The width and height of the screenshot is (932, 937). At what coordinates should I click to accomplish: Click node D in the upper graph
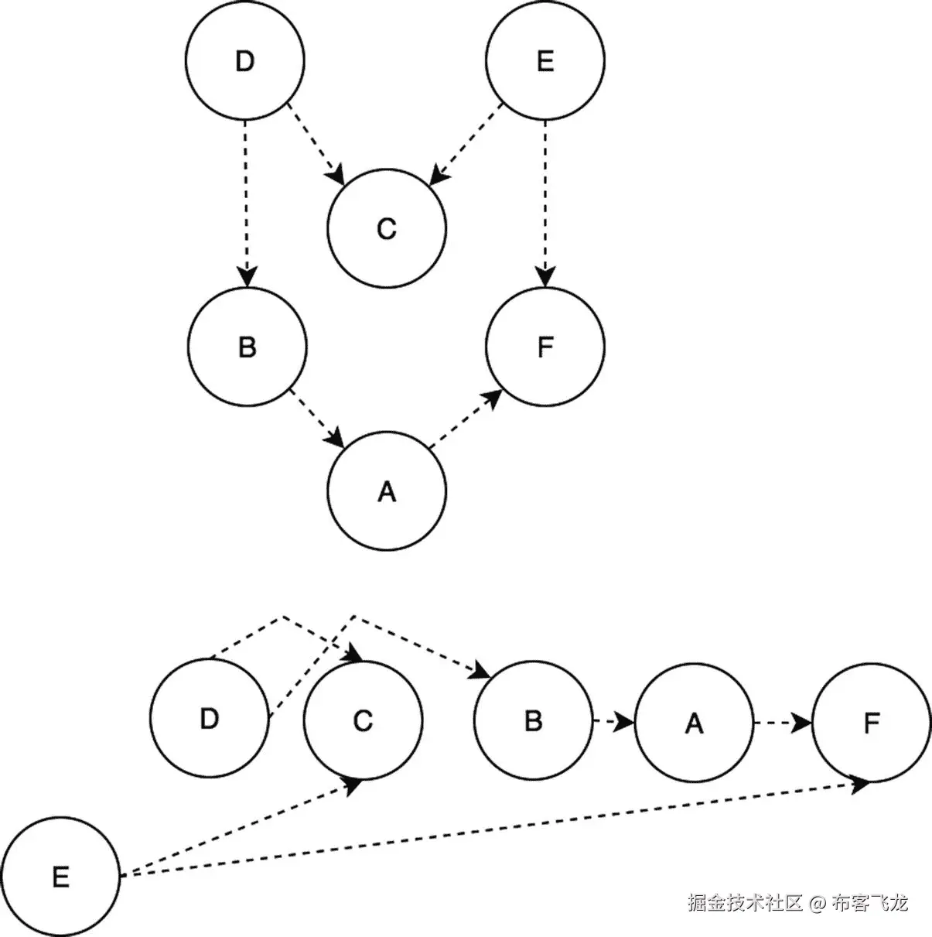coord(244,60)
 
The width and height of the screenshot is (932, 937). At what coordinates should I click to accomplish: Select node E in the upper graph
coord(545,60)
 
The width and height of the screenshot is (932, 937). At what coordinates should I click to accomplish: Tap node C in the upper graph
coord(387,229)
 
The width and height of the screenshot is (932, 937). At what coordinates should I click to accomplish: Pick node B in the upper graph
coord(247,346)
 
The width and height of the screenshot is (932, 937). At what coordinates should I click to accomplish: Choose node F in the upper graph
coord(545,346)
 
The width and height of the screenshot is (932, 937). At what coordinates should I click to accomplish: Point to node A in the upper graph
coord(387,491)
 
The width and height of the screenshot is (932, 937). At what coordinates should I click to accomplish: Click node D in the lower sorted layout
coord(210,718)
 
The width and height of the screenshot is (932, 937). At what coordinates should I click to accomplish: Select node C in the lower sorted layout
coord(363,720)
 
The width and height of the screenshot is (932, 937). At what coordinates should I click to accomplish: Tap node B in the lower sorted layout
coord(533,720)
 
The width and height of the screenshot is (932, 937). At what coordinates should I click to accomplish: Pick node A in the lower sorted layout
coord(694,723)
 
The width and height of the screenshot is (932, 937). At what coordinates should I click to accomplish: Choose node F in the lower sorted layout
coord(872,723)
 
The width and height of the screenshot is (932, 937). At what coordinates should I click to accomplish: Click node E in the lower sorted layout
coord(60,877)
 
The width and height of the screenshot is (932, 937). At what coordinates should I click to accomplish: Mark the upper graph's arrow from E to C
coord(466,144)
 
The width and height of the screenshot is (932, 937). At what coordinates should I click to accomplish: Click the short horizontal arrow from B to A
coord(613,722)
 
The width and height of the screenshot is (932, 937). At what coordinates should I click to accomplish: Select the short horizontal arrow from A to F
coord(782,723)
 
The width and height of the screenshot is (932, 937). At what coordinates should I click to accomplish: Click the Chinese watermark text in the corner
coord(797,902)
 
